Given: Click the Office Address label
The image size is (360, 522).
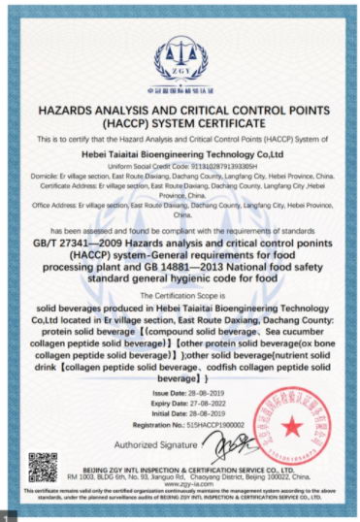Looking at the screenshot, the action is pyautogui.click(x=54, y=206).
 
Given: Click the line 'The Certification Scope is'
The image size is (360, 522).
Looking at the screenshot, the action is pyautogui.click(x=180, y=294).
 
